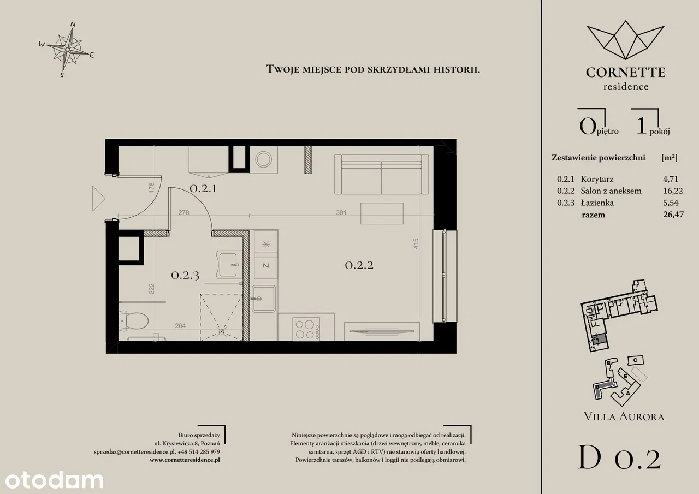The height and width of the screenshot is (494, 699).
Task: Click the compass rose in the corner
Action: [x=67, y=49]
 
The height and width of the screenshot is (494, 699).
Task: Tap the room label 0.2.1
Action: [x=203, y=189]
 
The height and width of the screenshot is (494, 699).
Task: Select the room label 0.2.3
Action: [x=185, y=275]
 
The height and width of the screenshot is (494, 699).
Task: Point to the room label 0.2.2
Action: [x=359, y=265]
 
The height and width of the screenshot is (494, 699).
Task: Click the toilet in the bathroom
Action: [x=134, y=320]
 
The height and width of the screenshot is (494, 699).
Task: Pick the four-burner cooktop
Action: [x=306, y=329]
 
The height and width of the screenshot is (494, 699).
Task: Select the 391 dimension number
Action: [x=341, y=212]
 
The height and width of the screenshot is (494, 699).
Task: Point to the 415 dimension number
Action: [x=416, y=243]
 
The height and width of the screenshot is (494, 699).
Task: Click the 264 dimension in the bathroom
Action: [x=180, y=325]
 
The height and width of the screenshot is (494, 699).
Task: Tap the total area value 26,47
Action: [x=673, y=215]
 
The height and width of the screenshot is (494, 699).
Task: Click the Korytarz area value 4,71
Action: [x=671, y=180]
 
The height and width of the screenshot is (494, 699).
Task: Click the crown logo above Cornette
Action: [x=626, y=40]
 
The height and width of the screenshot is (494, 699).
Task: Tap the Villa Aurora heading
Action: [x=624, y=416]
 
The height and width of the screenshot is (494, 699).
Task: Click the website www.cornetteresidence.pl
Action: [x=185, y=460]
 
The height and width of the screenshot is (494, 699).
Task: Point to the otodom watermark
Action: [x=54, y=480]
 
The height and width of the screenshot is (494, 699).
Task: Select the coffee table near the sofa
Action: [x=382, y=213]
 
